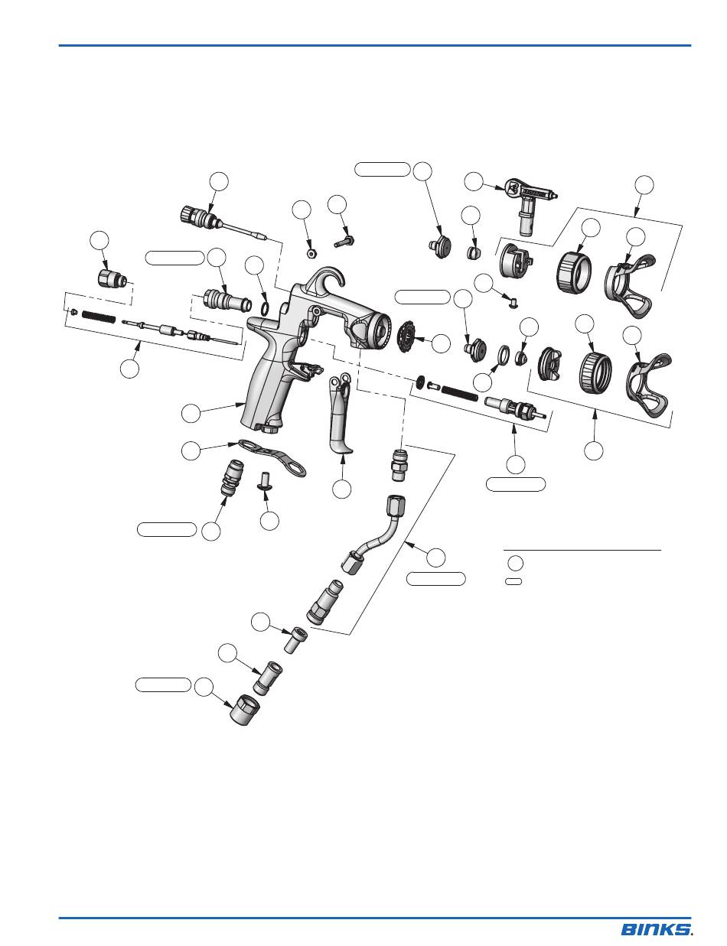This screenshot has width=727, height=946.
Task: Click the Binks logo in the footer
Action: coord(657,929)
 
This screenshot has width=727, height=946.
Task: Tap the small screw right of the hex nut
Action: coord(344,239)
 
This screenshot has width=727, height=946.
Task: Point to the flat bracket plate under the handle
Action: coord(272,457)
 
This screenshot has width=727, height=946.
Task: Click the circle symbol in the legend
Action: coord(515,564)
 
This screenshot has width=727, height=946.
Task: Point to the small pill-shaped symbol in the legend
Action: coord(514,581)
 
